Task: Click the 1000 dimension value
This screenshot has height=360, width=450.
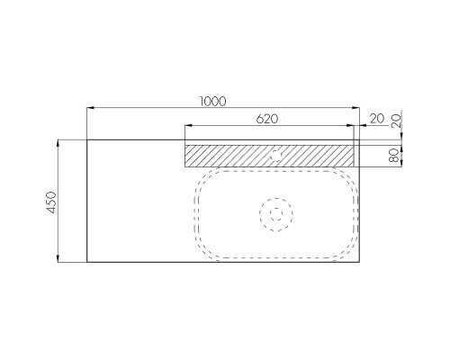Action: point(212,102)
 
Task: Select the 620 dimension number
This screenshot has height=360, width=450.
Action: point(267,119)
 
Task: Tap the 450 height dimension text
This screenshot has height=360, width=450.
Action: point(51,202)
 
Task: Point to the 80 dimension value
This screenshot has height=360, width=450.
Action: point(394,156)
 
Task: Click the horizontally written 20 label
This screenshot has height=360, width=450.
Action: point(377,119)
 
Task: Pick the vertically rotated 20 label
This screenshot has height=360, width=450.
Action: point(396,121)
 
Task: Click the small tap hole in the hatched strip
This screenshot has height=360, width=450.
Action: point(275,156)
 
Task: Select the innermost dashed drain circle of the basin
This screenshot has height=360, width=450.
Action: point(276,214)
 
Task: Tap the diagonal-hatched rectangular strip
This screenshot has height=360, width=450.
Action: point(269,156)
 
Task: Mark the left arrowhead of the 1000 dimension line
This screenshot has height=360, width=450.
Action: point(91,108)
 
